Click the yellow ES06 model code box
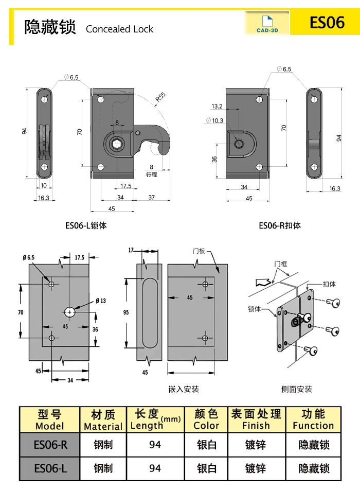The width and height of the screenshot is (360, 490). click(326, 23)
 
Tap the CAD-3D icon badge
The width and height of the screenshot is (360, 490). click(267, 24)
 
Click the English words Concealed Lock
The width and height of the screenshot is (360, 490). click(119, 29)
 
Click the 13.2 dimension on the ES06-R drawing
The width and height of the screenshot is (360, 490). click(217, 107)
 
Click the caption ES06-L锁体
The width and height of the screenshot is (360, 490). click(86, 225)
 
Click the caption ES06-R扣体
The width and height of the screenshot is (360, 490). click(280, 225)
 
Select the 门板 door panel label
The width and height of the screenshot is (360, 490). click(199, 251)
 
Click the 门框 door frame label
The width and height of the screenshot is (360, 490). click(281, 264)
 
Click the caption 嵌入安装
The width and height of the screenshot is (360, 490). click(184, 389)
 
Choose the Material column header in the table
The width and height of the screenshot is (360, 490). click(103, 420)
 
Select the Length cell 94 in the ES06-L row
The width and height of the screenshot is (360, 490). click(155, 468)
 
